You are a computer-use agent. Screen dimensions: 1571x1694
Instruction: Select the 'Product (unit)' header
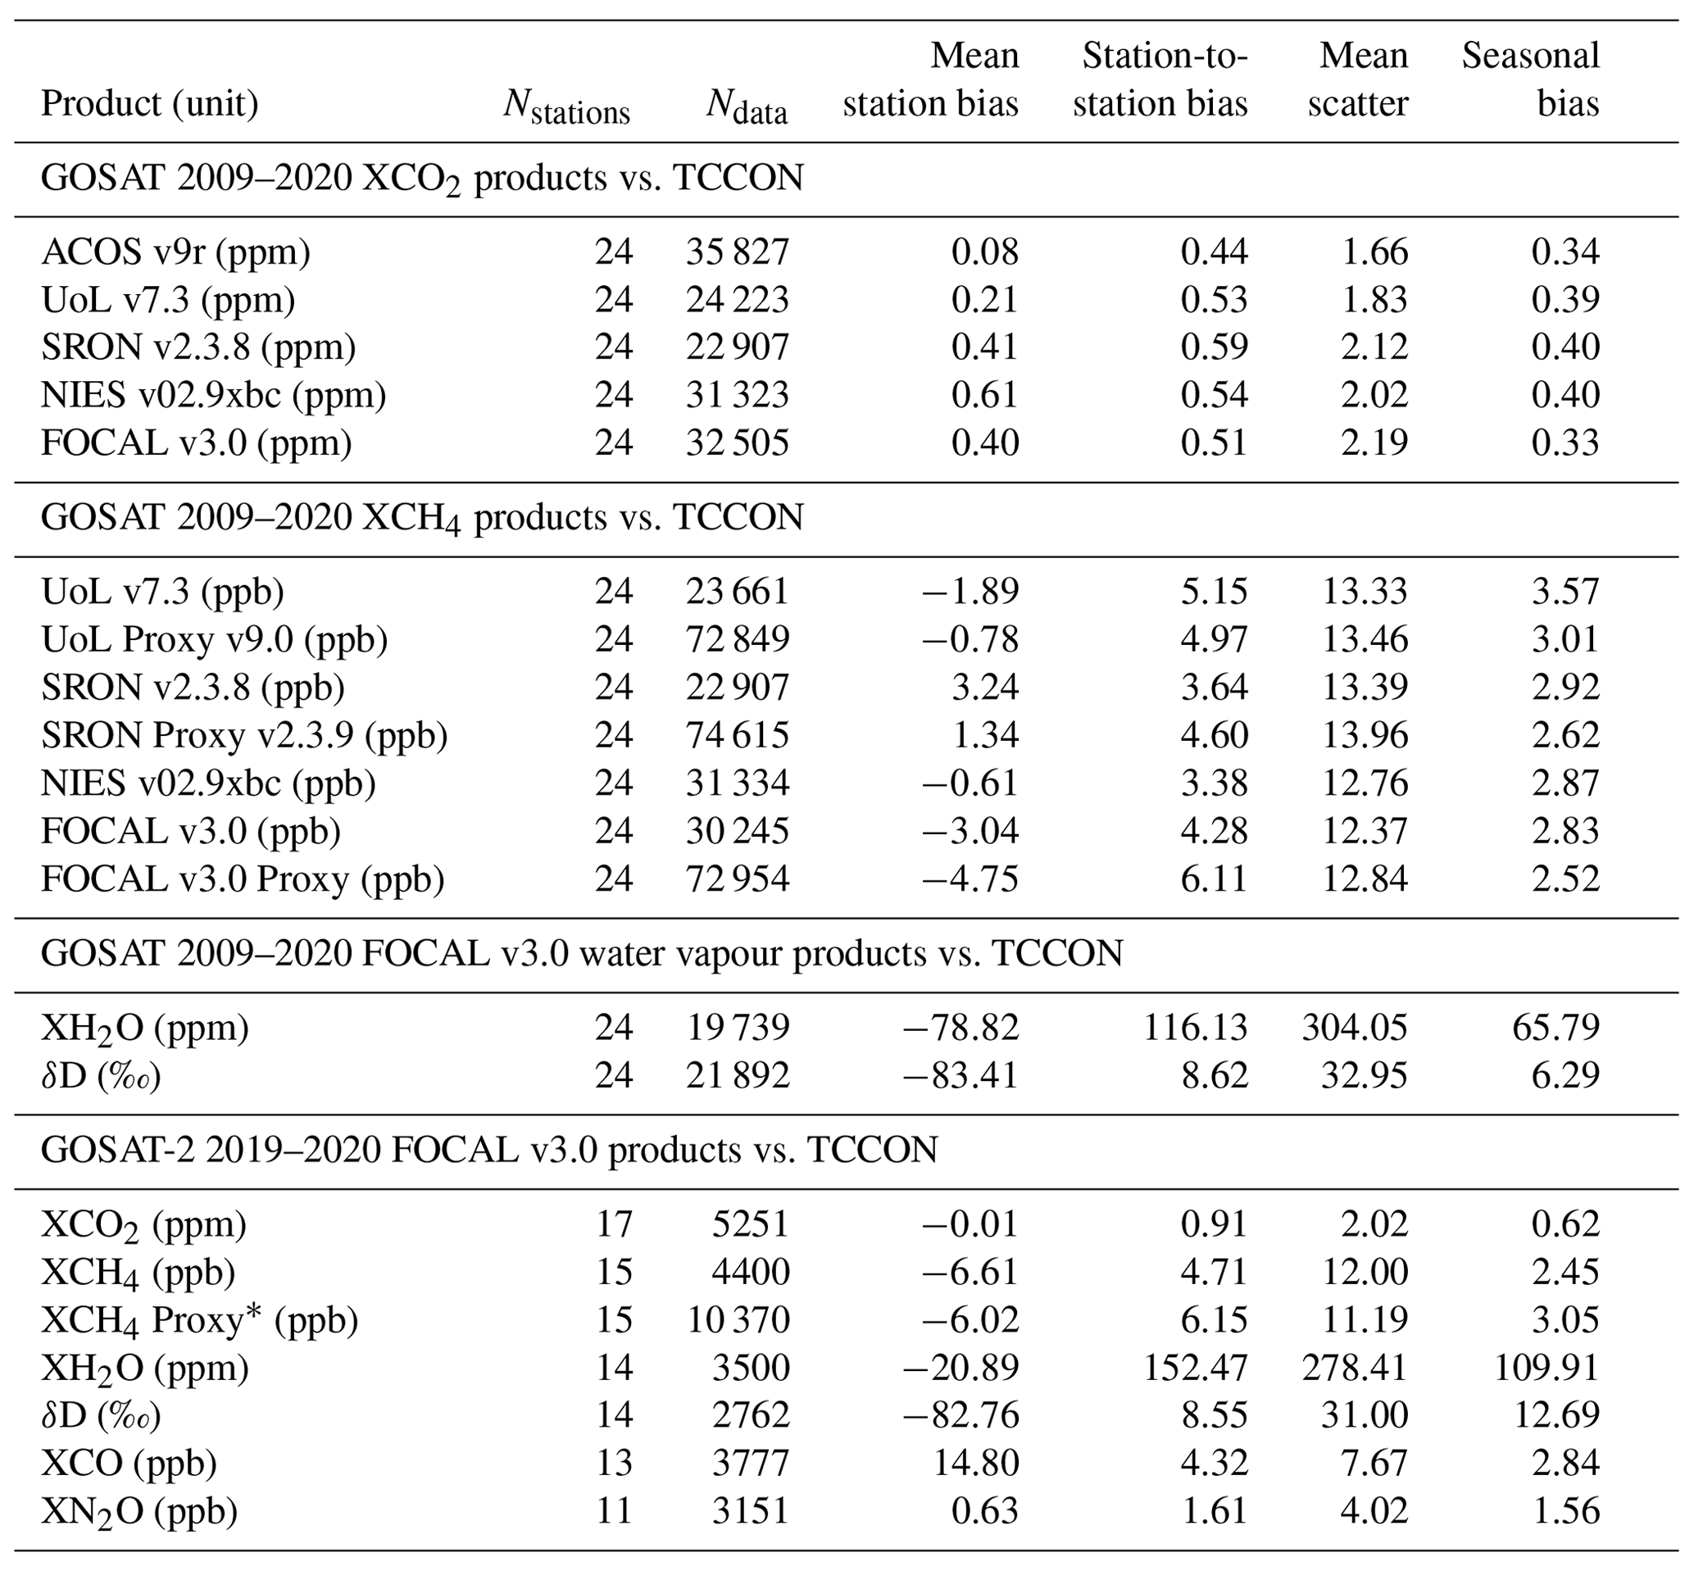[150, 104]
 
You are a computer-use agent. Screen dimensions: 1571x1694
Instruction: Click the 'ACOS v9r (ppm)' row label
[176, 252]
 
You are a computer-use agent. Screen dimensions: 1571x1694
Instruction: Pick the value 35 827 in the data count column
[738, 252]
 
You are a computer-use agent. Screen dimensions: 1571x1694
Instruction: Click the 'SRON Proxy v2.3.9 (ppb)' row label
[244, 734]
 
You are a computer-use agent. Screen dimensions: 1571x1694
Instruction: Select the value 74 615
[738, 734]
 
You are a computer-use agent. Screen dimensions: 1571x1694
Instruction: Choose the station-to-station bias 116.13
[1195, 1027]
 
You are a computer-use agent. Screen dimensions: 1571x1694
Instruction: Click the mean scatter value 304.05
[1355, 1027]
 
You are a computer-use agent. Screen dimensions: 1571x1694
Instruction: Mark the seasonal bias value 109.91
[1547, 1368]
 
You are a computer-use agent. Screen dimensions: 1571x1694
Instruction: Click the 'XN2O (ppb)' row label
[139, 1510]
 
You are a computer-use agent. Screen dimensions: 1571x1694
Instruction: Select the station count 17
[614, 1224]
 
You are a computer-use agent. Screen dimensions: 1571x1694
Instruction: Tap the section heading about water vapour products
[581, 954]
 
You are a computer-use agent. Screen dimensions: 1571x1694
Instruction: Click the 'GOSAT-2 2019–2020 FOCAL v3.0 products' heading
[488, 1151]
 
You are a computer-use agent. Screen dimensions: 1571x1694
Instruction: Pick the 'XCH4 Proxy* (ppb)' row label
[200, 1319]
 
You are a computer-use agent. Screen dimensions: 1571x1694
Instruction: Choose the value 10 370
[738, 1320]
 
